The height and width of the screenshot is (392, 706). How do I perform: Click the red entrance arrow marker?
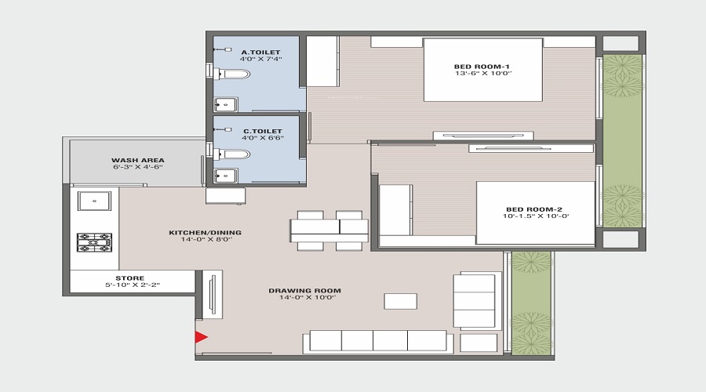point(201,337)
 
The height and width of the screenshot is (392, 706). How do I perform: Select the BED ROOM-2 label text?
point(533,209)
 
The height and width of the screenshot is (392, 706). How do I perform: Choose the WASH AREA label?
point(138,160)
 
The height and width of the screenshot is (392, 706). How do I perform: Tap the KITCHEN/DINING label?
point(205,232)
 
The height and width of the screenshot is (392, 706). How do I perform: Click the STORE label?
point(129,278)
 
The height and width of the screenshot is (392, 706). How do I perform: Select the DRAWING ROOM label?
point(304,291)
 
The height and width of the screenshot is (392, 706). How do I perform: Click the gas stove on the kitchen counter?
point(94,242)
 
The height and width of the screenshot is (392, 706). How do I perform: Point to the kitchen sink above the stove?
point(94,201)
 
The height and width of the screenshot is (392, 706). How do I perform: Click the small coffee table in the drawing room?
point(400,301)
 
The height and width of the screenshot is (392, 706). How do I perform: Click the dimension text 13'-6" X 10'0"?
point(482,74)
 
